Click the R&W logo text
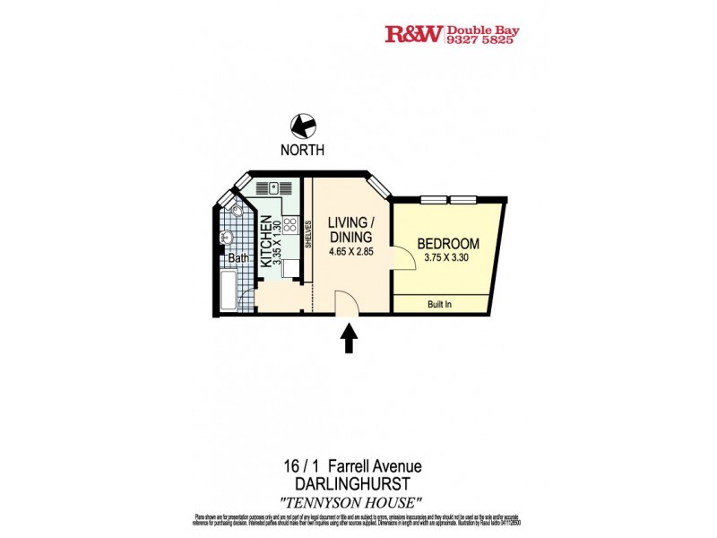pyautogui.click(x=413, y=35)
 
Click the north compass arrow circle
pyautogui.click(x=303, y=127)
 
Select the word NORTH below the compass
pyautogui.click(x=303, y=151)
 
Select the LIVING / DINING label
pyautogui.click(x=350, y=230)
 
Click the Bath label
pyautogui.click(x=238, y=258)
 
